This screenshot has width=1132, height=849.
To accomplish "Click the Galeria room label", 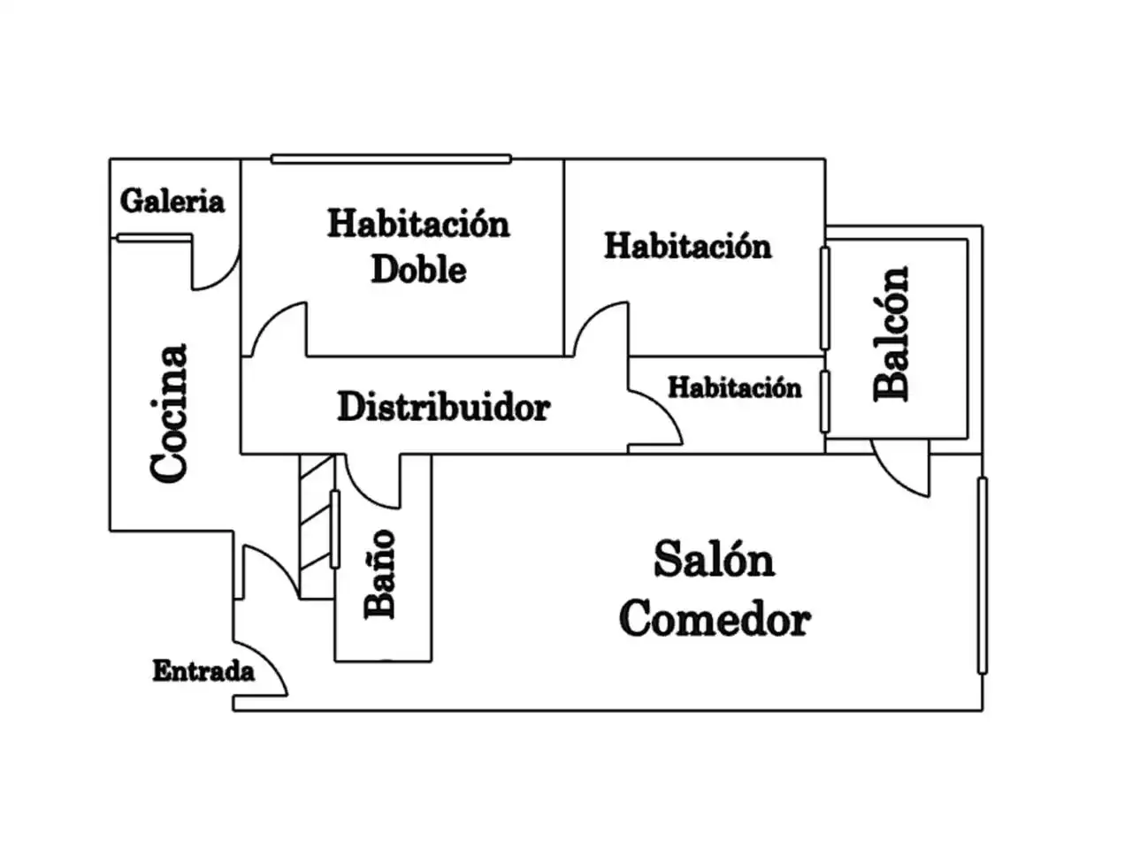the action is [172, 201].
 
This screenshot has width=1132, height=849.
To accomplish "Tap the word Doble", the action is [419, 270].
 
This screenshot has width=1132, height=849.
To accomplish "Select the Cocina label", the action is [169, 413].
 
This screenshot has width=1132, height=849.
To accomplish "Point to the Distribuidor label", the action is [444, 407].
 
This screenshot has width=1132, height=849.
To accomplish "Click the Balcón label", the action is [891, 333].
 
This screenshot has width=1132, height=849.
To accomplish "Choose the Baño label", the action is [379, 574].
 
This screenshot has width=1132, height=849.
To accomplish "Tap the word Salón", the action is [715, 559].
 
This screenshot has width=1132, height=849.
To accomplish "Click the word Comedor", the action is [715, 618].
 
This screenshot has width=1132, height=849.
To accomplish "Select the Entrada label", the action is [203, 671].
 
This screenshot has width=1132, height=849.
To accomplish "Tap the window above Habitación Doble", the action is [392, 159].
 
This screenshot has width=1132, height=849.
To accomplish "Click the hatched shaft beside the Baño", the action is [316, 526].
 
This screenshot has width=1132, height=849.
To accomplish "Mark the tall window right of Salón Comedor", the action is [983, 575].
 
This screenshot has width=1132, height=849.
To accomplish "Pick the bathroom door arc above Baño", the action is [364, 493].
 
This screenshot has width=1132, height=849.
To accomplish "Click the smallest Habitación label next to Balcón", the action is [735, 387].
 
